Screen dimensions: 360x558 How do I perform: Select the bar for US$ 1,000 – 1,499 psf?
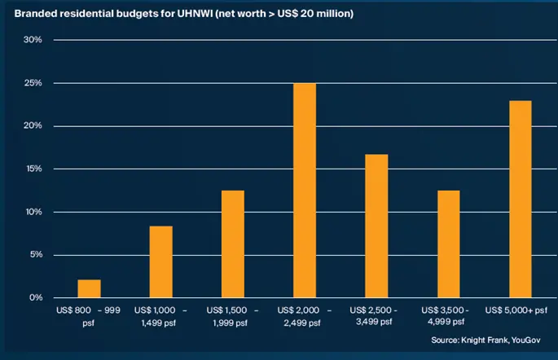[160, 261]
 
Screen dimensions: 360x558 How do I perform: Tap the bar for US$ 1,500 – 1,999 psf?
[232, 244]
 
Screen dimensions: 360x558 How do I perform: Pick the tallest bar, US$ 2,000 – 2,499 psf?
[304, 191]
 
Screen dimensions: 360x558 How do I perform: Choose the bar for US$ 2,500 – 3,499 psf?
[376, 226]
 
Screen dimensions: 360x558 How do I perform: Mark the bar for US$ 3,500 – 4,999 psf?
[448, 244]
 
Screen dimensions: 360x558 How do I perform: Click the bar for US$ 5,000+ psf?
[520, 199]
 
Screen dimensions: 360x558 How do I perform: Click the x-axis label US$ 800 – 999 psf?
[89, 317]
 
